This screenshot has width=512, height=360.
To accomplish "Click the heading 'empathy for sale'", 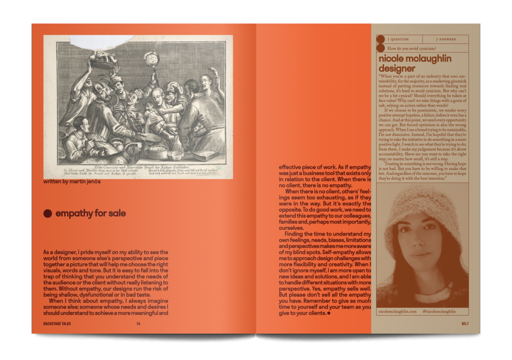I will point(90,214).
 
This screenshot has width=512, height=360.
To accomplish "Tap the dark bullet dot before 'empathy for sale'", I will point(48,214).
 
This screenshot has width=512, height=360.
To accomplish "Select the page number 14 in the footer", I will point(138,324).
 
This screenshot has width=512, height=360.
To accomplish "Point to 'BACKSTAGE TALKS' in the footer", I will point(59,324).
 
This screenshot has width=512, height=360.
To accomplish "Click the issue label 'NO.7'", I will point(465,324).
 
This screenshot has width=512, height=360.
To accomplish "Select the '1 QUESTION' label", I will point(398,39).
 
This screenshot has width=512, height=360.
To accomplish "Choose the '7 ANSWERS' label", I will point(444,39).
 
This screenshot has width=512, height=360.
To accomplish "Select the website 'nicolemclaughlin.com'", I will point(397,311).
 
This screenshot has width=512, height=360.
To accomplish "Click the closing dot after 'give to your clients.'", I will point(329,313).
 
